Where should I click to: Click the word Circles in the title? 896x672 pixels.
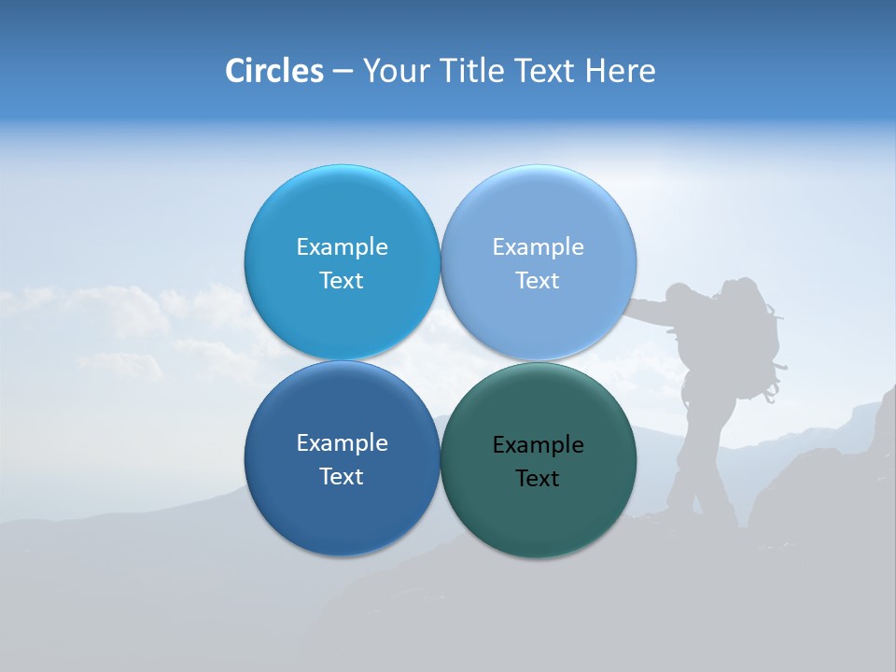click(273, 71)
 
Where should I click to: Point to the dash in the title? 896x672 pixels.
click(343, 72)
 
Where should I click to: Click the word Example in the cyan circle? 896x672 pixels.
click(342, 247)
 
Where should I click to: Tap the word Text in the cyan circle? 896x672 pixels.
click(342, 281)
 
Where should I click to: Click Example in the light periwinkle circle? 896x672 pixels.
click(538, 247)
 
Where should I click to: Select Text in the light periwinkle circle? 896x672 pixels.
click(538, 281)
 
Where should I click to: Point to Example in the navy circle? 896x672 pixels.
click(342, 443)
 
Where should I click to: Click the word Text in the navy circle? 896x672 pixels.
click(342, 477)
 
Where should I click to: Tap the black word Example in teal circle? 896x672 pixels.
click(538, 445)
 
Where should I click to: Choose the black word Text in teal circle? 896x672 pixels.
click(538, 479)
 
